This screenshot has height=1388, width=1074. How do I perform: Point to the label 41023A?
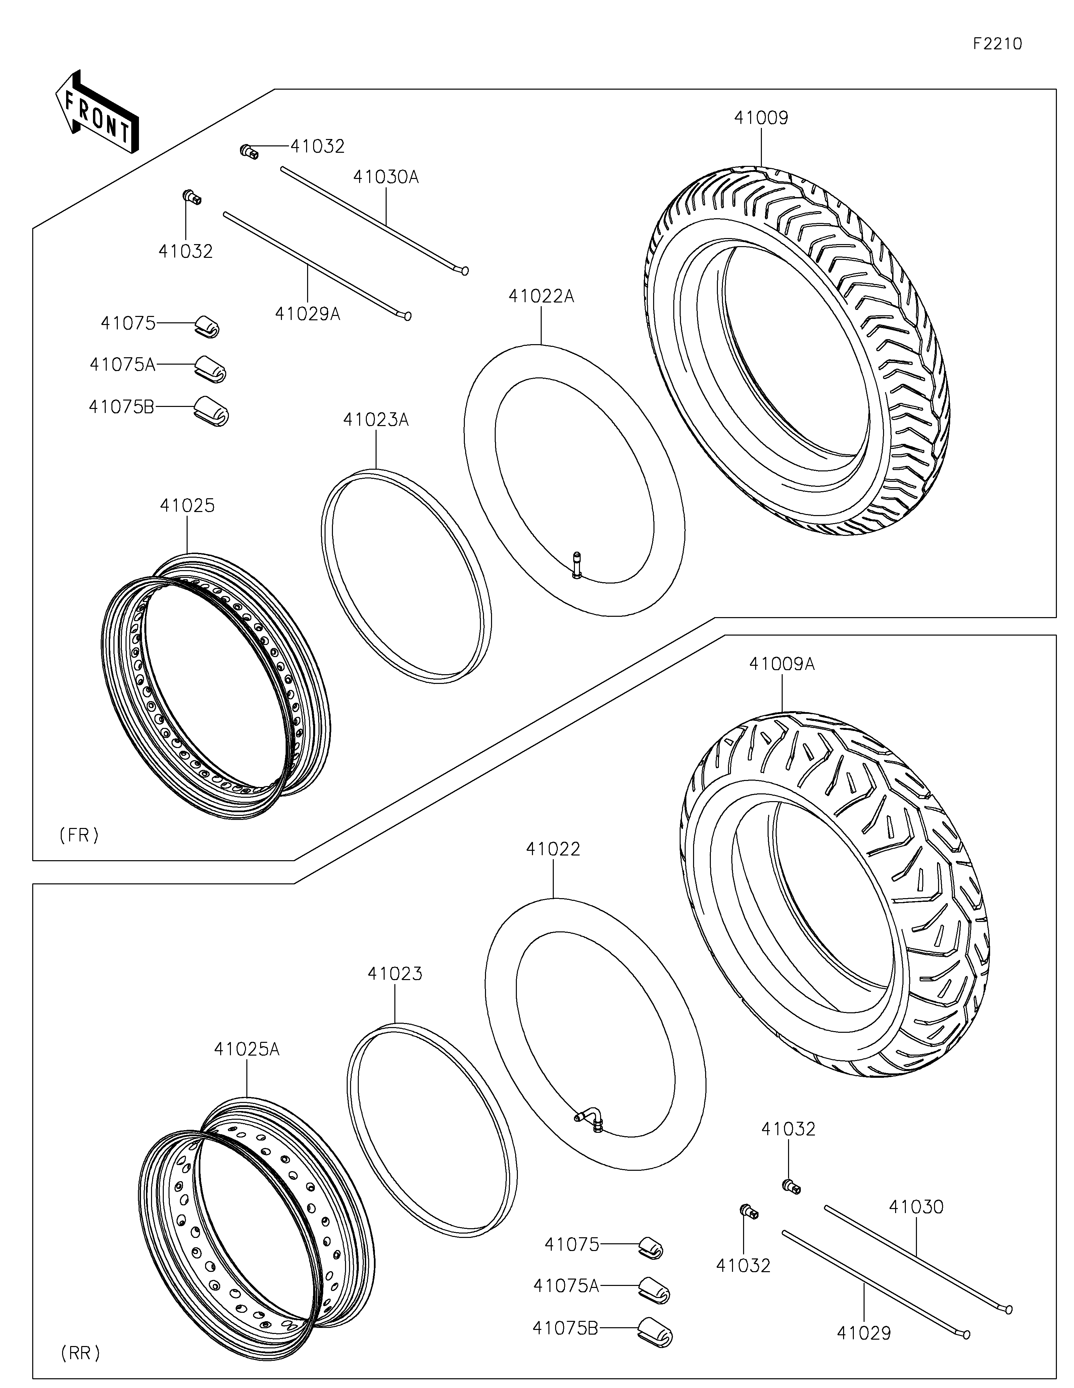pyautogui.click(x=376, y=419)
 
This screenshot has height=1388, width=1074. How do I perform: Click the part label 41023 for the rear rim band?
pyautogui.click(x=394, y=974)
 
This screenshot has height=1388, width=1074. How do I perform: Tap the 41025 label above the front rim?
pyautogui.click(x=187, y=506)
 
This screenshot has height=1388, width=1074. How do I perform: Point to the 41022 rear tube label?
pyautogui.click(x=552, y=849)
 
